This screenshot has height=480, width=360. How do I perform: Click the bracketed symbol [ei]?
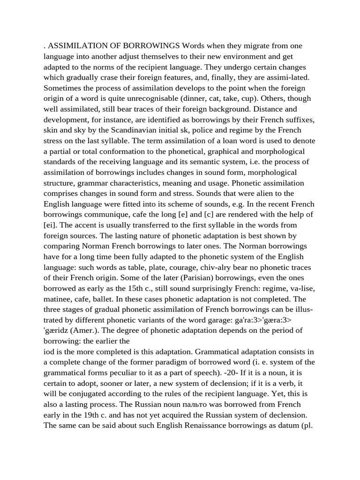click(51, 225)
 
